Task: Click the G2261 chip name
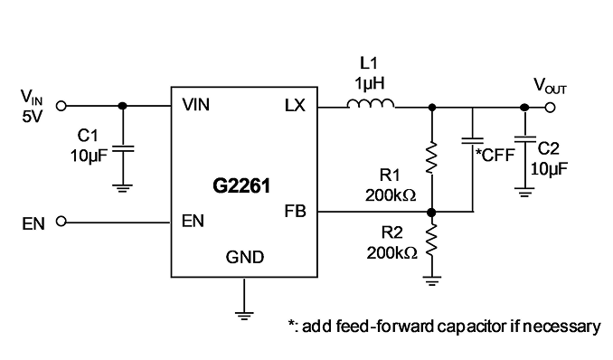tap(241, 185)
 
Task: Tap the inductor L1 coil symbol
tap(371, 103)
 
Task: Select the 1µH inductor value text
tap(370, 83)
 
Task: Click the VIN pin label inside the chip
tap(196, 105)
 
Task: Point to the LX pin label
tap(295, 105)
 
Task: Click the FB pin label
tap(295, 212)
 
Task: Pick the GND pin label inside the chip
tap(245, 257)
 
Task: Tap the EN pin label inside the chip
tap(193, 221)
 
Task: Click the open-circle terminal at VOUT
tap(550, 108)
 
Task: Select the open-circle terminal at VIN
tap(61, 106)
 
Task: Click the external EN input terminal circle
tap(61, 222)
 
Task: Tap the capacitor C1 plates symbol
tap(123, 149)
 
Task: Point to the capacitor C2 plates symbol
tap(525, 139)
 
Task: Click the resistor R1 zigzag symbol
tap(431, 157)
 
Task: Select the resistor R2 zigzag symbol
tap(431, 240)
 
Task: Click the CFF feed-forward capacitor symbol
tap(473, 140)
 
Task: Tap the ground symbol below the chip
tap(244, 315)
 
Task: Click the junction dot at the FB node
tap(431, 213)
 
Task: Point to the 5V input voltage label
tap(32, 117)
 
